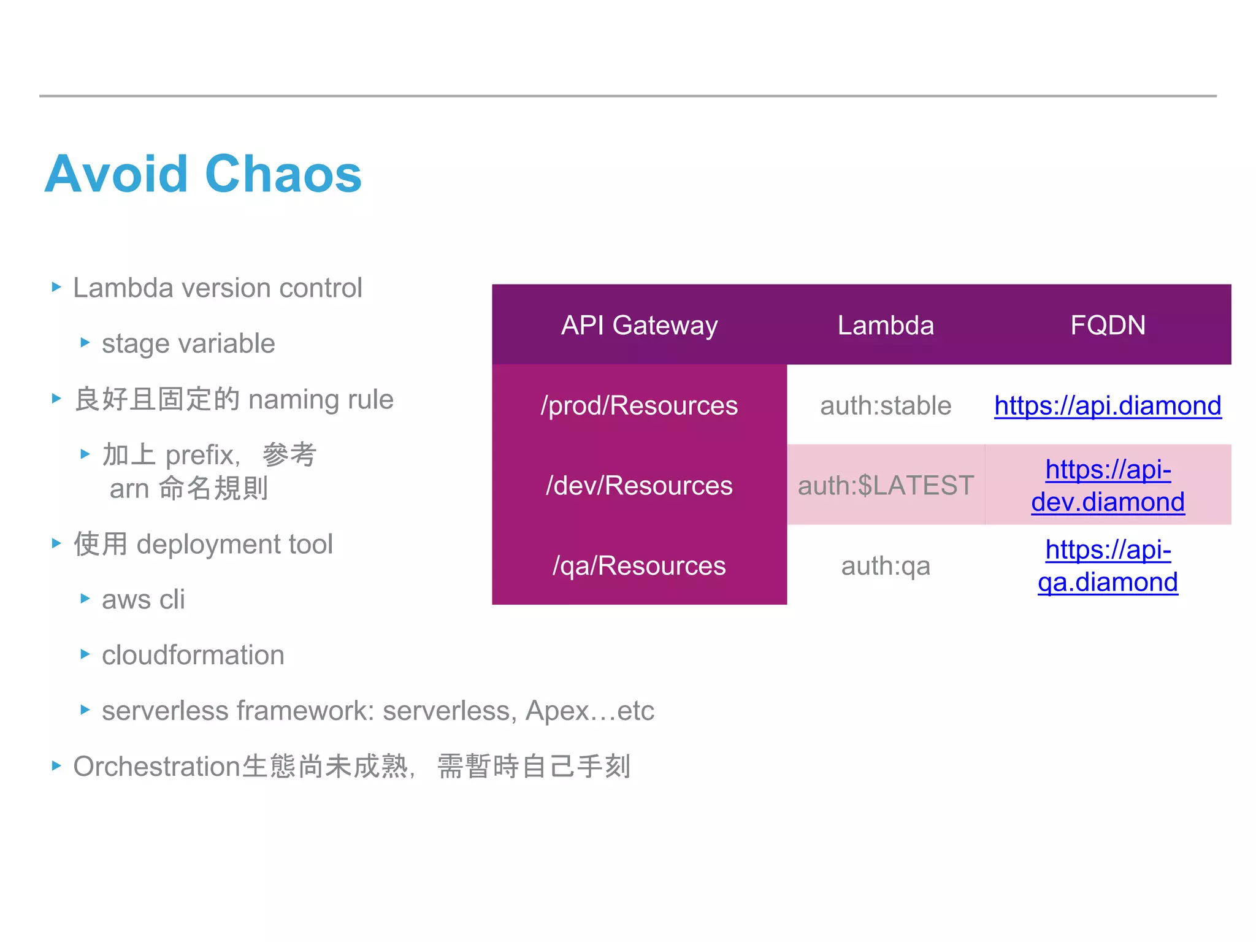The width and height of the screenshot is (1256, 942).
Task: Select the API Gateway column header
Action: [639, 325]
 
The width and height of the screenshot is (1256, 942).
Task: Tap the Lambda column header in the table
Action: [886, 325]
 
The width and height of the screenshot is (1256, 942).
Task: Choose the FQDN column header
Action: [1108, 325]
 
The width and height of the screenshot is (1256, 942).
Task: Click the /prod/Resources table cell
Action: [639, 405]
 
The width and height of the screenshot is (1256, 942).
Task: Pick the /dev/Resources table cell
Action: [639, 485]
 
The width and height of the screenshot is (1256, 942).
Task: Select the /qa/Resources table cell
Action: [639, 565]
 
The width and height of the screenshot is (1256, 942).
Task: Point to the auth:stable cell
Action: [886, 405]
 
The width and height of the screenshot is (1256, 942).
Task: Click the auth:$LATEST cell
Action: [886, 485]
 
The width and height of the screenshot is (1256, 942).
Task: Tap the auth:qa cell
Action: [886, 565]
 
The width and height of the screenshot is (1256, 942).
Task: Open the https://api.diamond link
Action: [1108, 405]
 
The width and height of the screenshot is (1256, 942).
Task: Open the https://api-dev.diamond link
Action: [1108, 486]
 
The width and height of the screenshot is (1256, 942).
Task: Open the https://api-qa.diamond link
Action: [1108, 565]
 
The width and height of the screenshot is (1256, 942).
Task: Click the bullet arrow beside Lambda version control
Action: [56, 287]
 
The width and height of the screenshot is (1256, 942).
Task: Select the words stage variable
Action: [188, 343]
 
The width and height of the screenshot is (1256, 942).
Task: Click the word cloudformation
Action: [193, 655]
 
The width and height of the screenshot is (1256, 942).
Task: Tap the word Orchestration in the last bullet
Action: [156, 767]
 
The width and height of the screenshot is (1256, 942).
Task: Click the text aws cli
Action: [143, 599]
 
